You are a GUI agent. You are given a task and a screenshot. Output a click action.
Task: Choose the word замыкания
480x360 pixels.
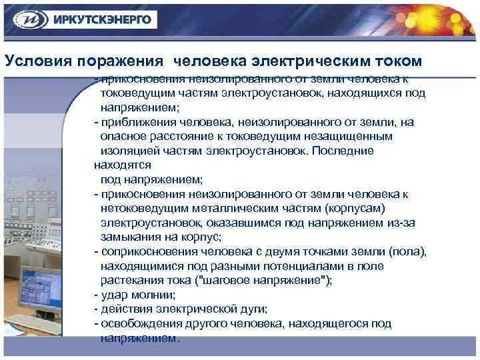point(131,237)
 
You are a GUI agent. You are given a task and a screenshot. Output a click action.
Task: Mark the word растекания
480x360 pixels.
point(131,280)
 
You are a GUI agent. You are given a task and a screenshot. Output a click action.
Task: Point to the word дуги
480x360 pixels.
point(254,309)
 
